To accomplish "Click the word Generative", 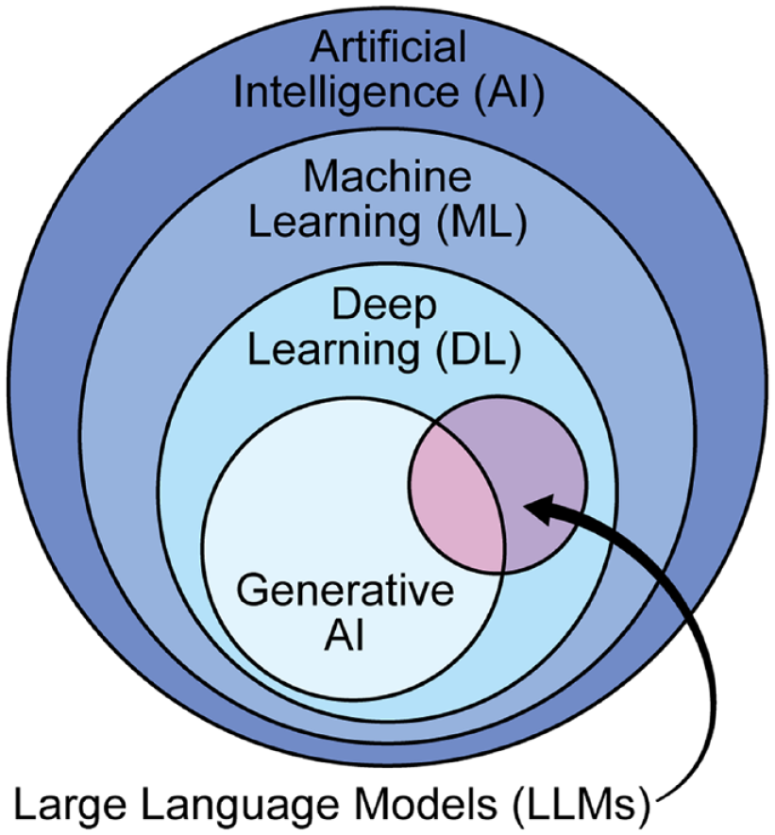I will (345, 593).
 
